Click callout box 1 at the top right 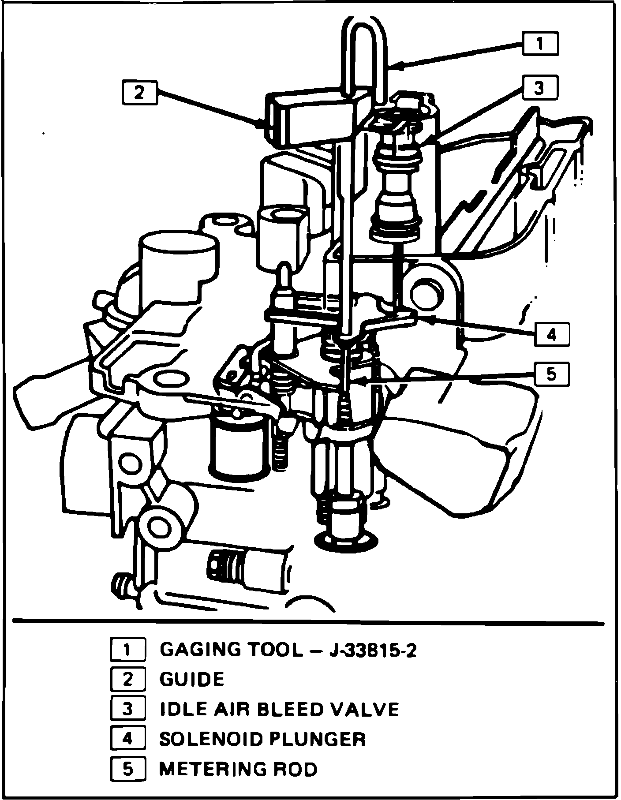click(x=540, y=43)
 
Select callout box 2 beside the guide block click(x=139, y=93)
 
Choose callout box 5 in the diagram click(x=552, y=374)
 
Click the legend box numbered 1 click(x=127, y=650)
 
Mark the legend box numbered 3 click(x=127, y=709)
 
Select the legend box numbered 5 click(x=127, y=769)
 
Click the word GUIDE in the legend click(x=192, y=679)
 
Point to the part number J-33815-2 click(x=373, y=650)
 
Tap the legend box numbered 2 click(x=127, y=679)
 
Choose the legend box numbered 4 click(x=127, y=739)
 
